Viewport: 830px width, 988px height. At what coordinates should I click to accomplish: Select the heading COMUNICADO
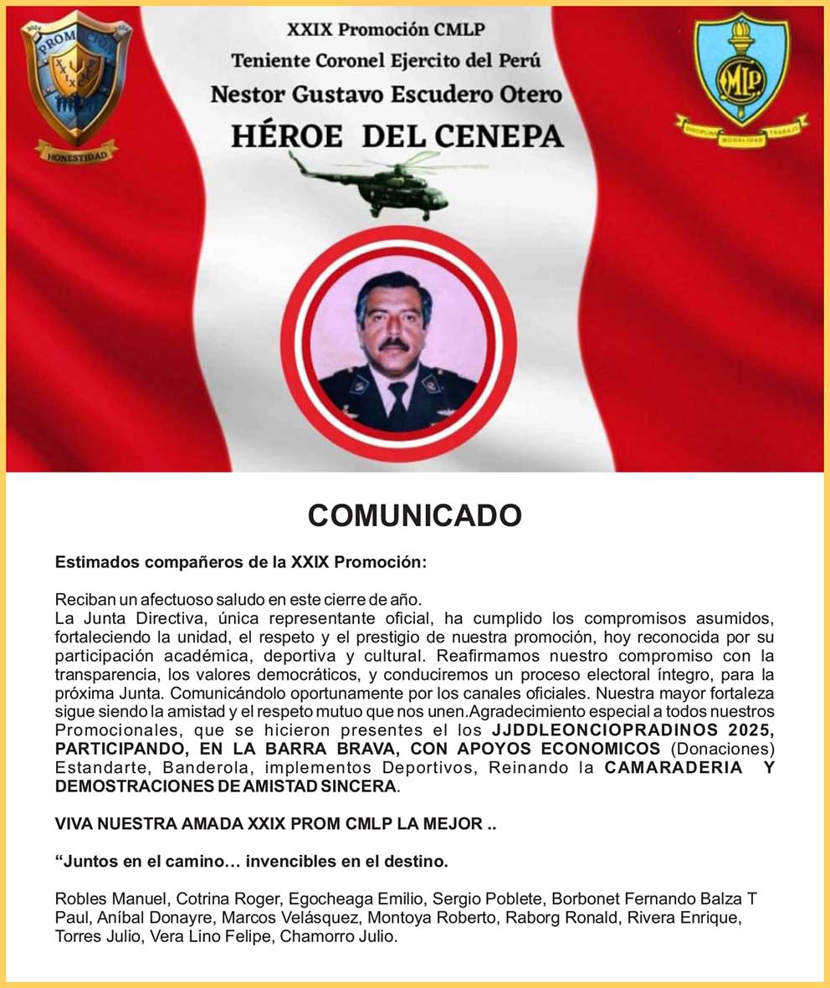coord(415,514)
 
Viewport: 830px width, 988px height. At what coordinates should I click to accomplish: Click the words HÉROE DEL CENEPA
coord(397,136)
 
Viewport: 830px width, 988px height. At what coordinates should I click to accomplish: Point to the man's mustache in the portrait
coord(392,344)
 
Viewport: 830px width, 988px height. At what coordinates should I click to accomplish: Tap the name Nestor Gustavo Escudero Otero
coord(386,94)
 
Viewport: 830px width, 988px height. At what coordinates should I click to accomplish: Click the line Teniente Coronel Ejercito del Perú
coord(387,61)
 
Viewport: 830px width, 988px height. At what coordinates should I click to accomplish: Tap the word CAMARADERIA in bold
coord(674,767)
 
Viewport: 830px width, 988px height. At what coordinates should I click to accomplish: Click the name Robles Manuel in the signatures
coord(111,898)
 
